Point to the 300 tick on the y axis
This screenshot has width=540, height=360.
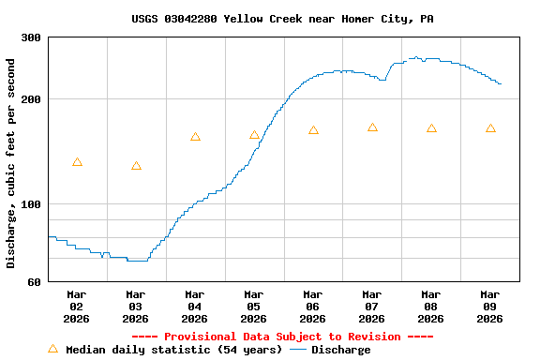coord(31,37)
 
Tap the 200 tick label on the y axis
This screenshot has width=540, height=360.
coord(31,99)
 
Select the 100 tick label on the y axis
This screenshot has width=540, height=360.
coord(31,204)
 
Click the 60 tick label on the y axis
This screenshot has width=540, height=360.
coord(34,281)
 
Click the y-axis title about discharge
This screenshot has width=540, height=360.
coord(11,163)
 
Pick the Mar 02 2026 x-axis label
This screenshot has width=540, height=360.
coord(77,306)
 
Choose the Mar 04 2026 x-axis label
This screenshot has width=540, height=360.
coord(195,306)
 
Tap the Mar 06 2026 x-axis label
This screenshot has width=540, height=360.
coord(313,306)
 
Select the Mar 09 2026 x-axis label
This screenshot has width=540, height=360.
coord(490,306)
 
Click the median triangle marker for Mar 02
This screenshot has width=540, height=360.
coord(77,162)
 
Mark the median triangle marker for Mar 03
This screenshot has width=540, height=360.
coord(136,166)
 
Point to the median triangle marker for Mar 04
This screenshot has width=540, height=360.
coord(195,137)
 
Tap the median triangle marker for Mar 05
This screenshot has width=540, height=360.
coord(254,135)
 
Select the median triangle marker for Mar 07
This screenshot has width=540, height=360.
coord(372,127)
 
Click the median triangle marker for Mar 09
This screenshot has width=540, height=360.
coord(490,128)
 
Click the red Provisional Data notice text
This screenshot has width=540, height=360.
coord(282,337)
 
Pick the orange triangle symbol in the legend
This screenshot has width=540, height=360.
coord(52,349)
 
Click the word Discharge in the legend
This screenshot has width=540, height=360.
coord(340,350)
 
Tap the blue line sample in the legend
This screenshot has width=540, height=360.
coord(298,350)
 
